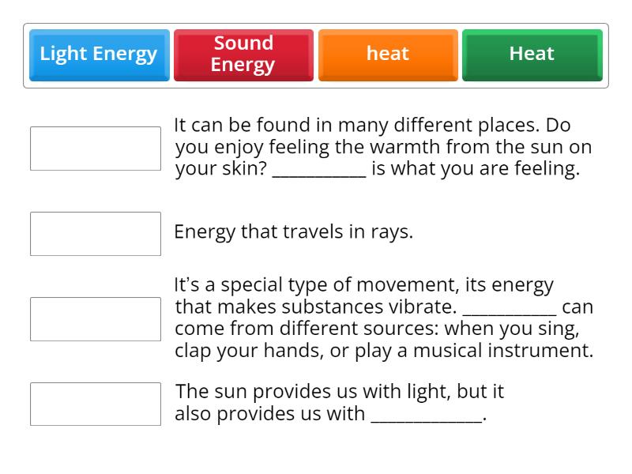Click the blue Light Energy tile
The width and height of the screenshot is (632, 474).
click(x=99, y=55)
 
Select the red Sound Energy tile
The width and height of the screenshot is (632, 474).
click(x=243, y=55)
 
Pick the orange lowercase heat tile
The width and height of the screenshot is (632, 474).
click(x=388, y=55)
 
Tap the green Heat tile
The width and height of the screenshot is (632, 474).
click(x=532, y=55)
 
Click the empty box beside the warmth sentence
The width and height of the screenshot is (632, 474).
click(x=96, y=149)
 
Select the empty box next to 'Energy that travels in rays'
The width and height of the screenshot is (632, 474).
click(x=96, y=234)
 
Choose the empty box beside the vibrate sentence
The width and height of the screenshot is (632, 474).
click(x=96, y=319)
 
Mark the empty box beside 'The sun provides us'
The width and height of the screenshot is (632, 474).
click(x=96, y=404)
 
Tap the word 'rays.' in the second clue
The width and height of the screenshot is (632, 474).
click(x=392, y=232)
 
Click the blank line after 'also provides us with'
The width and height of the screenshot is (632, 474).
click(x=426, y=417)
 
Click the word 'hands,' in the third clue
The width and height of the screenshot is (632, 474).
click(x=291, y=351)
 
